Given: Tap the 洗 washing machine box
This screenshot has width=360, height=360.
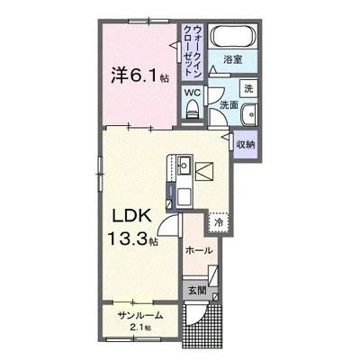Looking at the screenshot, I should [248, 89].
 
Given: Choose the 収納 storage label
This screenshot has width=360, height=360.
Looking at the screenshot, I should [247, 143].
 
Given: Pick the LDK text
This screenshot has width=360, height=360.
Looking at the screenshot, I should [130, 217].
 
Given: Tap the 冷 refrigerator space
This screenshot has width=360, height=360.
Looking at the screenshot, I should [217, 221].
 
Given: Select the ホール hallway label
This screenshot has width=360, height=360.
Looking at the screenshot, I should [197, 252].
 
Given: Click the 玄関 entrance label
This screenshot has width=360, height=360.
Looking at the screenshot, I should [197, 291].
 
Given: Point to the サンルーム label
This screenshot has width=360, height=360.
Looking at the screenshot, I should [138, 315].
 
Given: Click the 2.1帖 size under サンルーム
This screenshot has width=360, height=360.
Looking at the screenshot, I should [139, 328].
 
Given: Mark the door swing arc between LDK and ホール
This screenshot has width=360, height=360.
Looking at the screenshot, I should [171, 227].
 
